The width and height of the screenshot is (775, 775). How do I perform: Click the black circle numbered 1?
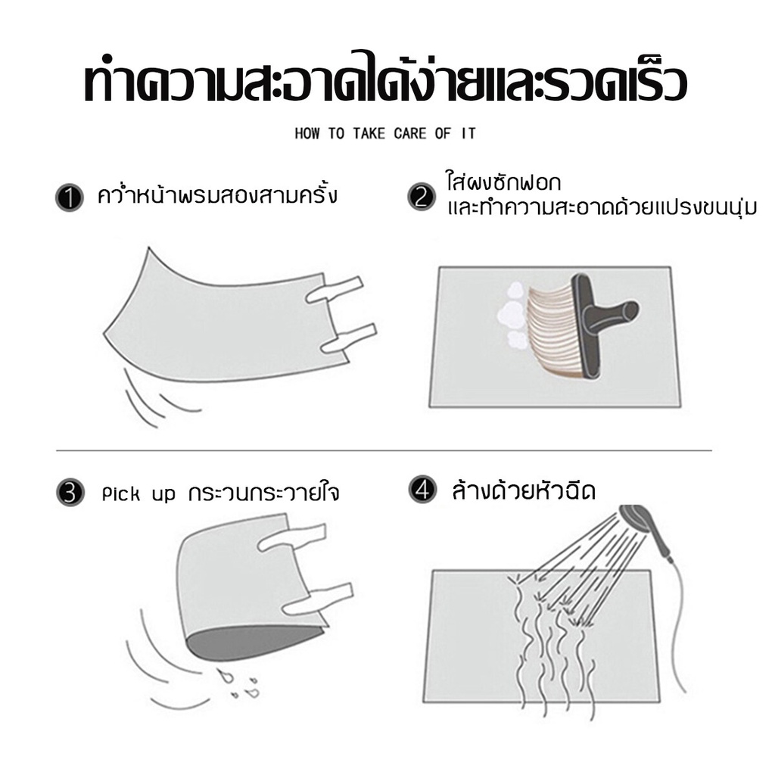69,198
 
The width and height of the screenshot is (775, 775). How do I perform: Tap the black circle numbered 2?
422,197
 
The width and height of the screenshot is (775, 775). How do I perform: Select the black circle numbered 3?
70,493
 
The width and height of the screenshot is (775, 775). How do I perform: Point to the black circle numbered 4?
422,490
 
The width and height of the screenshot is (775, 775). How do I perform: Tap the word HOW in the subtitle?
307,133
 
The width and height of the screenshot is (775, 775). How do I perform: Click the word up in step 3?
163,496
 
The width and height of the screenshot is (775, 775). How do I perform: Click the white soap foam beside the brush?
512,315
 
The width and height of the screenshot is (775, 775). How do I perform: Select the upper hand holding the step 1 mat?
335,290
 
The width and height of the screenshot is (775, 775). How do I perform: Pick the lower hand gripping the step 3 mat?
319,597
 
